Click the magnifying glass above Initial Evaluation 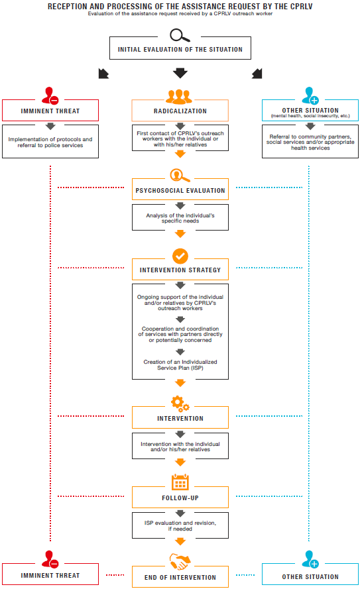click(x=180, y=35)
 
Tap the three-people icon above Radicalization click(x=179, y=97)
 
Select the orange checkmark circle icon click(x=180, y=256)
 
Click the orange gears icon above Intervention click(x=180, y=403)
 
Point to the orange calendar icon click(x=180, y=482)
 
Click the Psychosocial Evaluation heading click(x=180, y=190)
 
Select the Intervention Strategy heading click(x=180, y=270)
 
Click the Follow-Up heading click(x=180, y=498)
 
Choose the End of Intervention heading click(x=180, y=578)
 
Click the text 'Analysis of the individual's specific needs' click(x=180, y=218)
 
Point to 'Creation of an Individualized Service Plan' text click(x=180, y=365)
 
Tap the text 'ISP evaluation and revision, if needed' click(x=180, y=526)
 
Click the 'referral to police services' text click(x=50, y=145)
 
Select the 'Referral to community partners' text click(x=310, y=136)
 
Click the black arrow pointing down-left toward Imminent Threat click(x=103, y=74)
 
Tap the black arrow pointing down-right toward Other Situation click(x=257, y=74)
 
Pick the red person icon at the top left click(x=50, y=95)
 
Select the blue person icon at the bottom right click(x=310, y=559)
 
